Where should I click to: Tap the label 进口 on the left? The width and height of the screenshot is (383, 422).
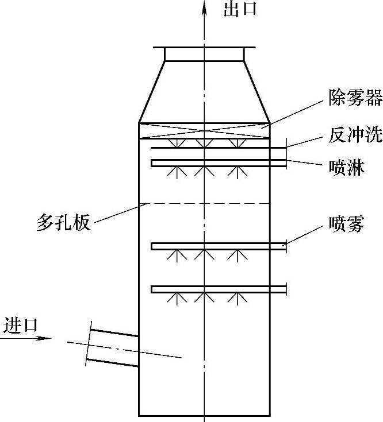click(x=21, y=325)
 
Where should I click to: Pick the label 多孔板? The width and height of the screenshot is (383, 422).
click(x=63, y=223)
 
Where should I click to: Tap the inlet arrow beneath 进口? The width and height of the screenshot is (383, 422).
click(x=25, y=338)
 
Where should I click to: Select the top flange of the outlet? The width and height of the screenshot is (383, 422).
click(x=205, y=46)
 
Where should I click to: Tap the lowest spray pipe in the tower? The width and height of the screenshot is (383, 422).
click(x=219, y=289)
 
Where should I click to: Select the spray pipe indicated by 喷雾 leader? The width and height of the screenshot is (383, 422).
click(x=219, y=246)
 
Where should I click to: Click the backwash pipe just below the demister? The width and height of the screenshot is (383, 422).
click(x=219, y=148)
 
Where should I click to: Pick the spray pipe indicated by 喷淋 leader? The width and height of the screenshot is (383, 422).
click(x=219, y=163)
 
